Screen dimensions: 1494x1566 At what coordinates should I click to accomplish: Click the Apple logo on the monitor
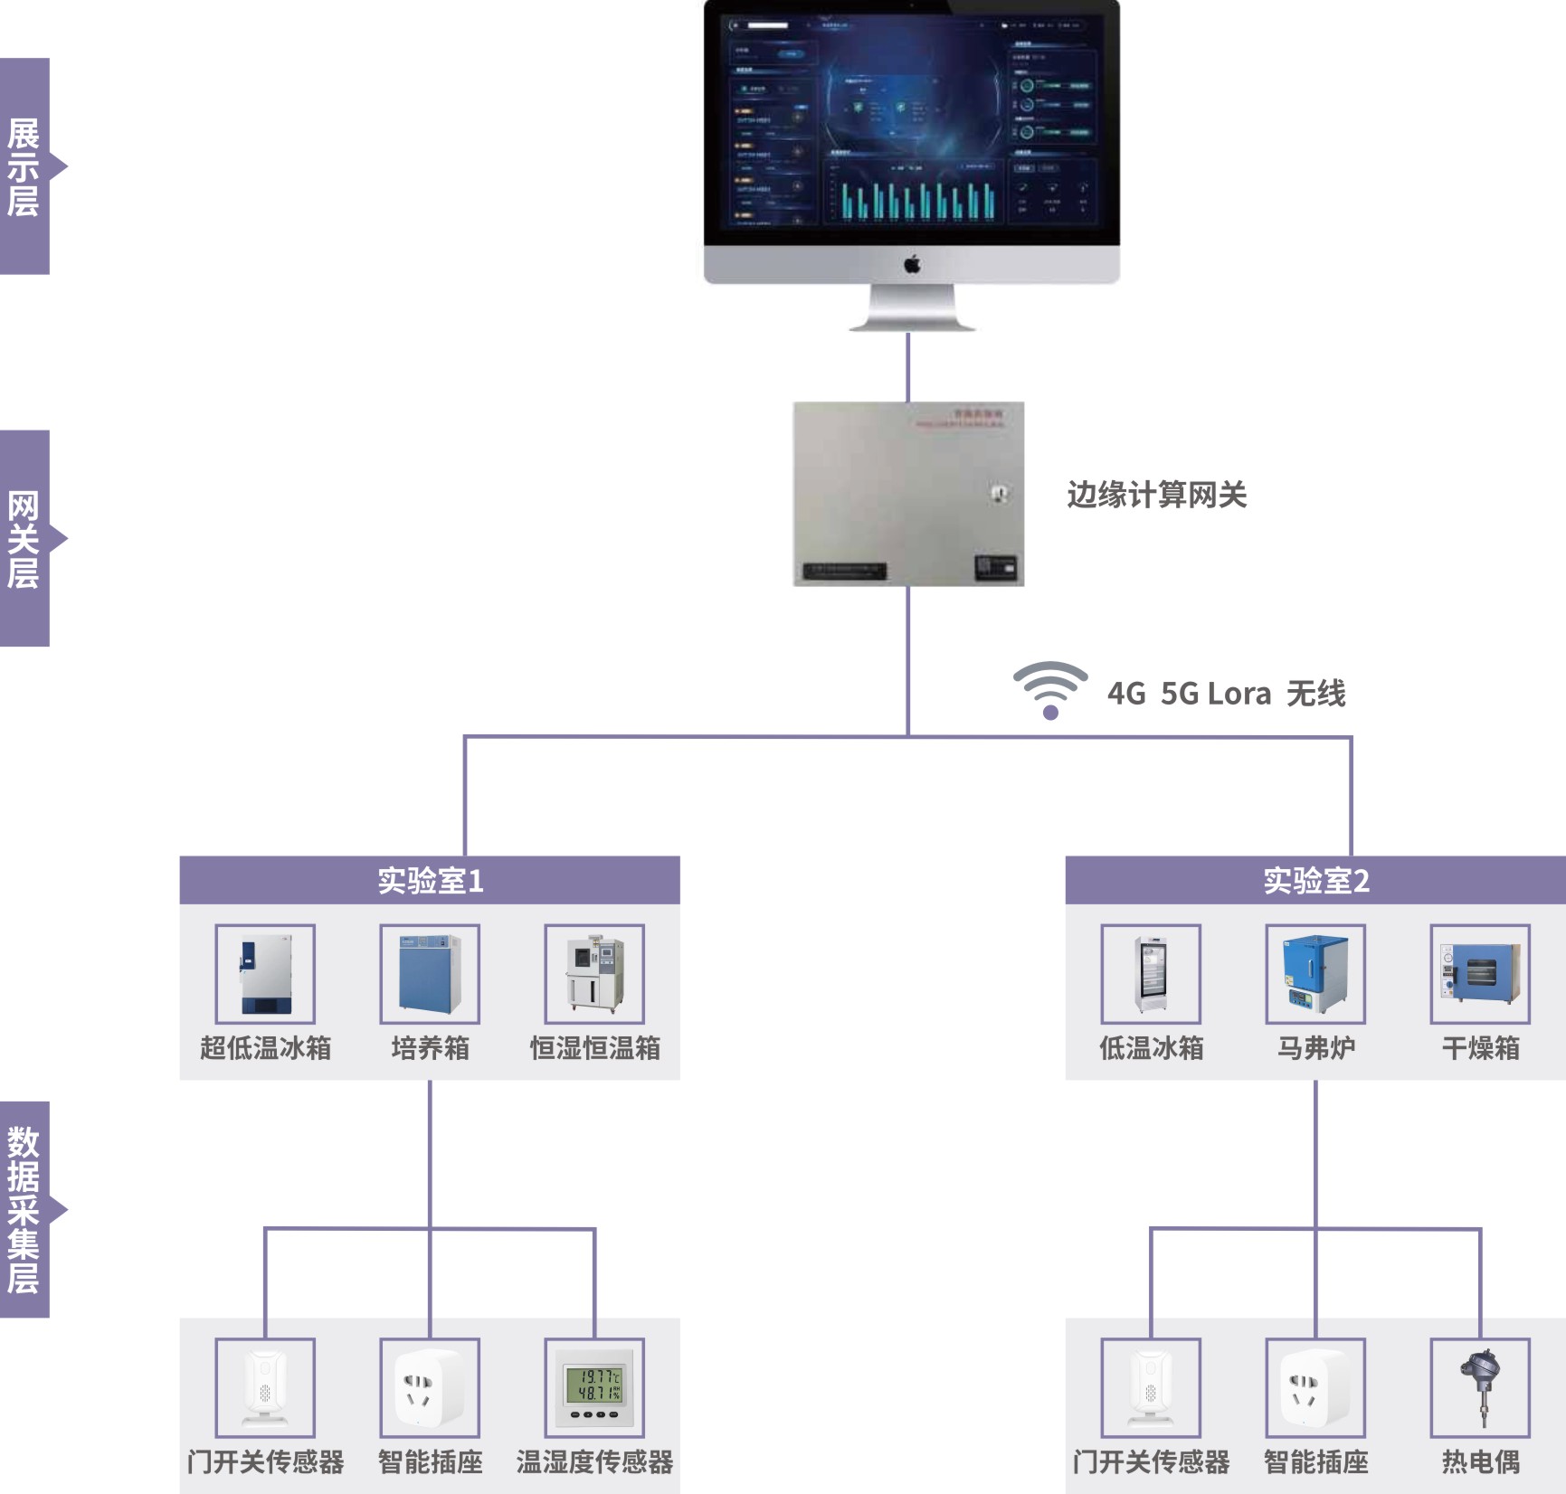pos(912,264)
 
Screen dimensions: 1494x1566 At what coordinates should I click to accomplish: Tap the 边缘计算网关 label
pos(1156,495)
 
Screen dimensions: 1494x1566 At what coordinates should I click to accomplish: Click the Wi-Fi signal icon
pos(1049,690)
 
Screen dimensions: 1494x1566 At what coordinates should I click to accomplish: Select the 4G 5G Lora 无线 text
pos(1226,694)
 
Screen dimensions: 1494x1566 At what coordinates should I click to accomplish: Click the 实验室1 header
pos(430,880)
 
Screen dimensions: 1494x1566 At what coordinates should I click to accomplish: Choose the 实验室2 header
pos(1315,880)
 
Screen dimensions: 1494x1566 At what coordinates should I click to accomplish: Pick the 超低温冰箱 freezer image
pos(265,974)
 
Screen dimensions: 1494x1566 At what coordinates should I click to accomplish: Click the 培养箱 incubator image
pos(430,974)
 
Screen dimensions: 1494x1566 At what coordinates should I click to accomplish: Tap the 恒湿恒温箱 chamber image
pos(594,974)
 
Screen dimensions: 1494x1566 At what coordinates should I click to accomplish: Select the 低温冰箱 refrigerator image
pos(1151,974)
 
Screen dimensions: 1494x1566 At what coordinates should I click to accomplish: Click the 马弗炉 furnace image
pos(1315,974)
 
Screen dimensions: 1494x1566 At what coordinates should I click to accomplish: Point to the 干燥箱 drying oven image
pos(1480,974)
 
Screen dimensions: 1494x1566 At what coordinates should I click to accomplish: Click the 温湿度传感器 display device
pos(594,1388)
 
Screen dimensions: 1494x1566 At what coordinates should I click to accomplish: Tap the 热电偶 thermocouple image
pos(1480,1388)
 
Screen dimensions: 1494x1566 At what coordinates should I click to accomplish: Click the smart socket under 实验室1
pos(430,1388)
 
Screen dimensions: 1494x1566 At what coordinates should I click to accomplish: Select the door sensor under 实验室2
pos(1151,1388)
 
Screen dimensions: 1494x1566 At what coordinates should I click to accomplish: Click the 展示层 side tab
pos(24,166)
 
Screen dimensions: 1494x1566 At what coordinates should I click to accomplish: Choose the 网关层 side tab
pos(24,539)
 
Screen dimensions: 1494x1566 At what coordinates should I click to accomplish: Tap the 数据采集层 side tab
pos(24,1209)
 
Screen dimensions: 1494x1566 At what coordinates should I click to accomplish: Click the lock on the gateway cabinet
pos(1000,494)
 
